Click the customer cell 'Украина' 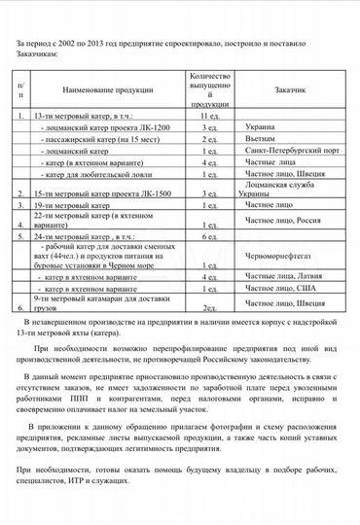(262, 127)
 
